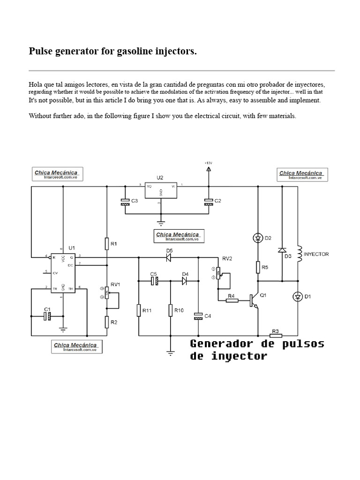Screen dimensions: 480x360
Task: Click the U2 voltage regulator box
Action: pyautogui.click(x=160, y=192)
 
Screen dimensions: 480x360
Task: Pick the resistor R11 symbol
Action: pyautogui.click(x=139, y=311)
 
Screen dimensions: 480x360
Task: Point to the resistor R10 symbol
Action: pyautogui.click(x=170, y=311)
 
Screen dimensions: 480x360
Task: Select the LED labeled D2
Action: pyautogui.click(x=257, y=238)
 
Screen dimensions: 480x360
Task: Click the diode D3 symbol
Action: pyautogui.click(x=282, y=249)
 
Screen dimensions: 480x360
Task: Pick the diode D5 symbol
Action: pyautogui.click(x=169, y=257)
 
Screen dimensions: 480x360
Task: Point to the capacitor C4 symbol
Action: pyautogui.click(x=198, y=317)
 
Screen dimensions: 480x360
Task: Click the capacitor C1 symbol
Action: pyautogui.click(x=46, y=316)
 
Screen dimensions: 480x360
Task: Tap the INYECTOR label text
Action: pyautogui.click(x=316, y=254)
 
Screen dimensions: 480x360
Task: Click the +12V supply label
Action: pyautogui.click(x=208, y=163)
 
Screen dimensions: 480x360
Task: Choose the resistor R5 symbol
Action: pyautogui.click(x=257, y=267)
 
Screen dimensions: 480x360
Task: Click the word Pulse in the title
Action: pyautogui.click(x=40, y=51)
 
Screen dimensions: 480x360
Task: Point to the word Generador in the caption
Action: pyautogui.click(x=218, y=344)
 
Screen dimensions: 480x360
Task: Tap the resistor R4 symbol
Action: pyautogui.click(x=232, y=300)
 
